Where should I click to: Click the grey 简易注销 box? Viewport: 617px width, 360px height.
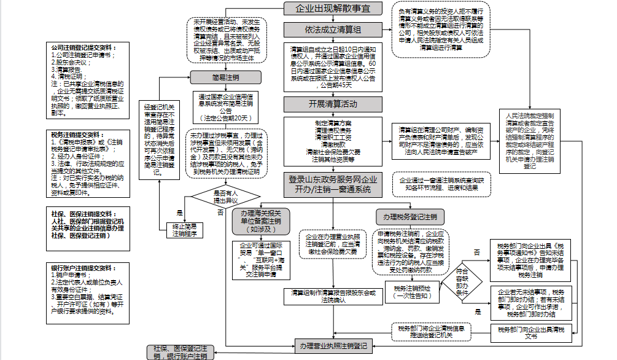point(226,77)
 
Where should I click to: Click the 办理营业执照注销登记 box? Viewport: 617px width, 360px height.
point(333,345)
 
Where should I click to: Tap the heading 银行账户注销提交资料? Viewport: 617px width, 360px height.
point(82,268)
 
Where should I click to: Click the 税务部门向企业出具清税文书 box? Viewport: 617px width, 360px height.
point(532,333)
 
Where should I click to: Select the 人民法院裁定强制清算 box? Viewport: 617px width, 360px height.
point(530,141)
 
